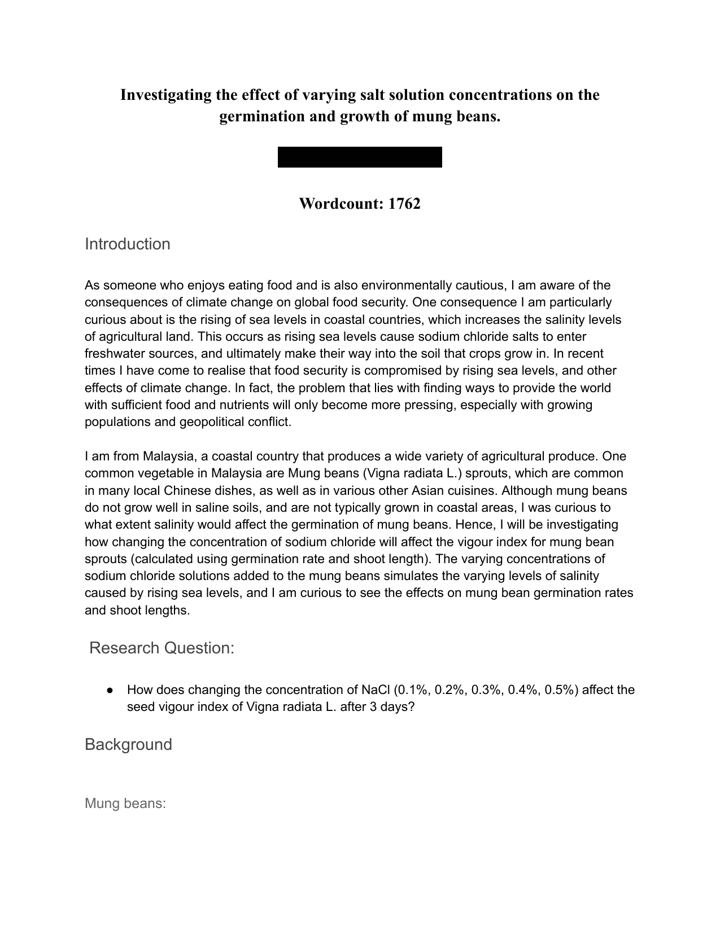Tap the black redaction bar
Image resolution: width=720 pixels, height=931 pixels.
[x=360, y=157]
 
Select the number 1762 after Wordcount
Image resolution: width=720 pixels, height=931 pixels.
[x=404, y=204]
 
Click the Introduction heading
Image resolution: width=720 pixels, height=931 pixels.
[x=128, y=244]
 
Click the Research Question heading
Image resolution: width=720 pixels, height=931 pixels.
[x=162, y=648]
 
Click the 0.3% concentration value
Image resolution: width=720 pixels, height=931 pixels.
[x=487, y=690]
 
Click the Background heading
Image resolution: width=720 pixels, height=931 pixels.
[x=128, y=744]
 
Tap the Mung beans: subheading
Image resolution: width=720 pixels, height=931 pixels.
[x=125, y=803]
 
